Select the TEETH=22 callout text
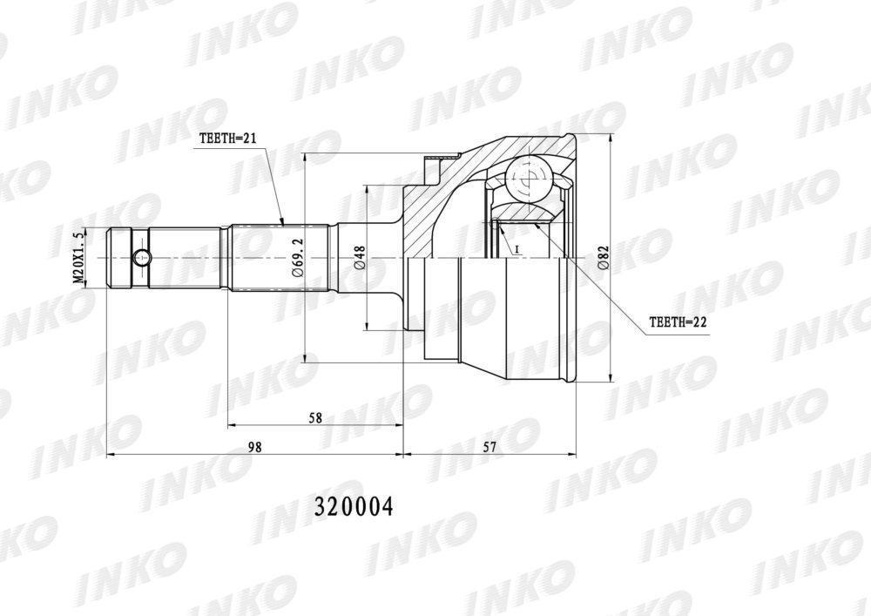[678, 322]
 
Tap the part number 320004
[354, 506]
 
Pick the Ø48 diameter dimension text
[359, 257]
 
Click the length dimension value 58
[315, 418]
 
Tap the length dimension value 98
[254, 447]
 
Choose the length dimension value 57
[489, 447]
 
